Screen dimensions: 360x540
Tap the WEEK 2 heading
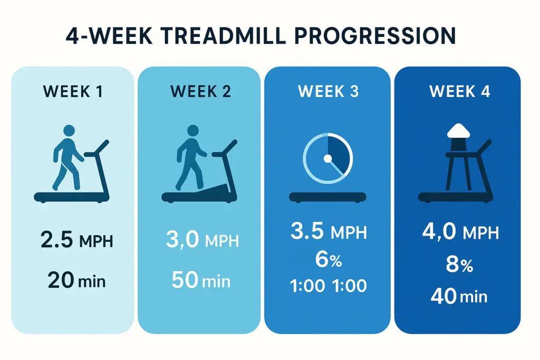[200, 91]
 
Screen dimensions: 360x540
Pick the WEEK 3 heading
[328, 91]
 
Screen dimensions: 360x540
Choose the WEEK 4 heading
[460, 91]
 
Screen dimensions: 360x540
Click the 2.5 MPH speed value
[76, 241]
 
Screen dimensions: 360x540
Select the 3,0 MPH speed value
[202, 241]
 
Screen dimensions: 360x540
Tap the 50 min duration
[201, 280]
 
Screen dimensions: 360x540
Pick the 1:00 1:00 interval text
[328, 286]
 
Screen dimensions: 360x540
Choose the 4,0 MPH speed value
[460, 232]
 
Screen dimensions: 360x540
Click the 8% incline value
[460, 265]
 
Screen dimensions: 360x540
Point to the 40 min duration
[459, 296]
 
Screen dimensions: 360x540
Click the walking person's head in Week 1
[69, 131]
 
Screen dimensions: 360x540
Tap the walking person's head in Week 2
[193, 130]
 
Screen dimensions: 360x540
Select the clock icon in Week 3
[327, 158]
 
